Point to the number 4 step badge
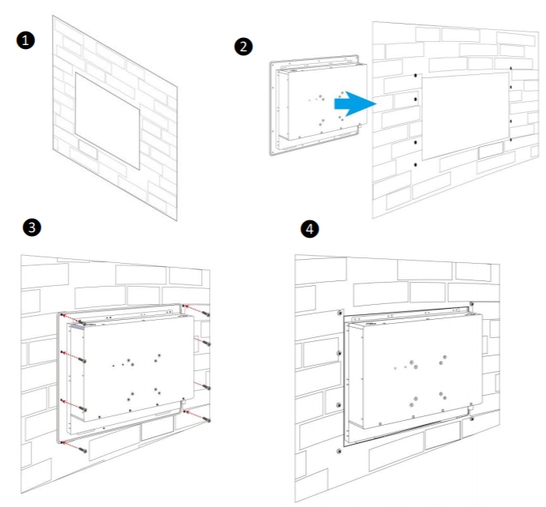311,229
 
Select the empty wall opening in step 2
464,114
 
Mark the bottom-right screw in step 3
205,418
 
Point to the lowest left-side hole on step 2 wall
416,164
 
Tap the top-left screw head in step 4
339,314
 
